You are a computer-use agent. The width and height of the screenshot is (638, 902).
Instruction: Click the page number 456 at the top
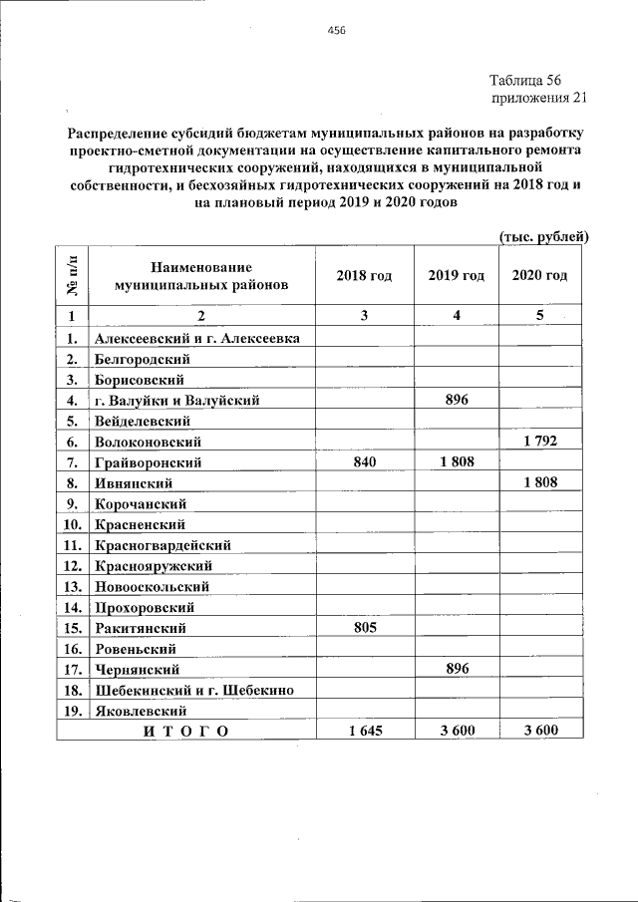pos(335,31)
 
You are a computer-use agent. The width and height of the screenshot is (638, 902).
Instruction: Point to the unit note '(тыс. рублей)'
pos(543,236)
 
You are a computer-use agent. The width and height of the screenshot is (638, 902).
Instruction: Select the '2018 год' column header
pos(364,275)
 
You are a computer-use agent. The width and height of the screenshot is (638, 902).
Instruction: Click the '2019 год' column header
pos(456,275)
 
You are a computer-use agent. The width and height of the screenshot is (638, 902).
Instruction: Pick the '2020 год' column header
pos(539,275)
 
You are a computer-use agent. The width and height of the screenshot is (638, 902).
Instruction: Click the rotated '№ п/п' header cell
pos(72,275)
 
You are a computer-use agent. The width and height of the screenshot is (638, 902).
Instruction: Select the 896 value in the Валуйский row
pos(457,400)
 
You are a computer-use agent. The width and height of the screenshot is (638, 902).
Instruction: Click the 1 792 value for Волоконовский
pos(539,441)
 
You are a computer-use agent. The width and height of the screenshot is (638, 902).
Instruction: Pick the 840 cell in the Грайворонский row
pos(364,461)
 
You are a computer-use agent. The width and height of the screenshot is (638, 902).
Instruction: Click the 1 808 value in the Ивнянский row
pos(539,482)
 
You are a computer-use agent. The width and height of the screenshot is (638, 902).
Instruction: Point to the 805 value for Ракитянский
pos(364,628)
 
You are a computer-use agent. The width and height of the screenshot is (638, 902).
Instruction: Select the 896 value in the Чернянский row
pos(457,670)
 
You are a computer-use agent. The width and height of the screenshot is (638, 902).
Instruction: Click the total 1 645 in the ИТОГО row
pos(364,732)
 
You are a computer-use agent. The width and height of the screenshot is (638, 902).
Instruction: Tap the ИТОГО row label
pos(185,732)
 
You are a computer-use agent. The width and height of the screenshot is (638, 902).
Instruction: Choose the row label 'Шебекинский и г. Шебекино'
pos(195,691)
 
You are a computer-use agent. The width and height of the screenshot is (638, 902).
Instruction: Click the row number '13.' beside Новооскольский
pos(72,586)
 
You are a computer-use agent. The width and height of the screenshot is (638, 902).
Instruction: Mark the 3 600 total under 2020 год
pos(539,732)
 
